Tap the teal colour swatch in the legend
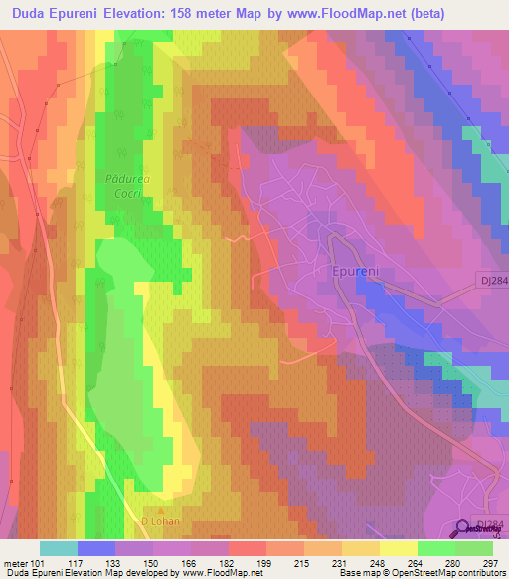[59, 548]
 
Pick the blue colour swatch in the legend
[96, 548]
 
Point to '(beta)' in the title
[395, 13]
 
